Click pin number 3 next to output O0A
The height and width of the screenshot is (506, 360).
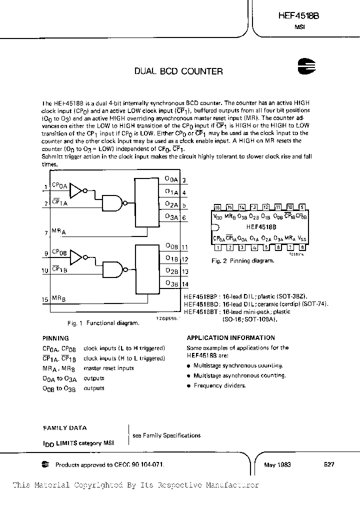tap(184, 181)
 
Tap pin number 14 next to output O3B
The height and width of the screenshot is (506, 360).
tap(184, 283)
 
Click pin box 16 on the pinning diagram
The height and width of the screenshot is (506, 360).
tap(217, 207)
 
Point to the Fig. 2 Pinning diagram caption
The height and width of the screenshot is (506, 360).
tap(242, 260)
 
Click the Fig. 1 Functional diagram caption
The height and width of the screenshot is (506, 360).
tap(103, 323)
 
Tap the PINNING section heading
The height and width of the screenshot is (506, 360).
tap(55, 338)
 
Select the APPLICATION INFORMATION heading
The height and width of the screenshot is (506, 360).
tap(232, 337)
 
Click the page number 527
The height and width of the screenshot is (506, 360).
tap(329, 464)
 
